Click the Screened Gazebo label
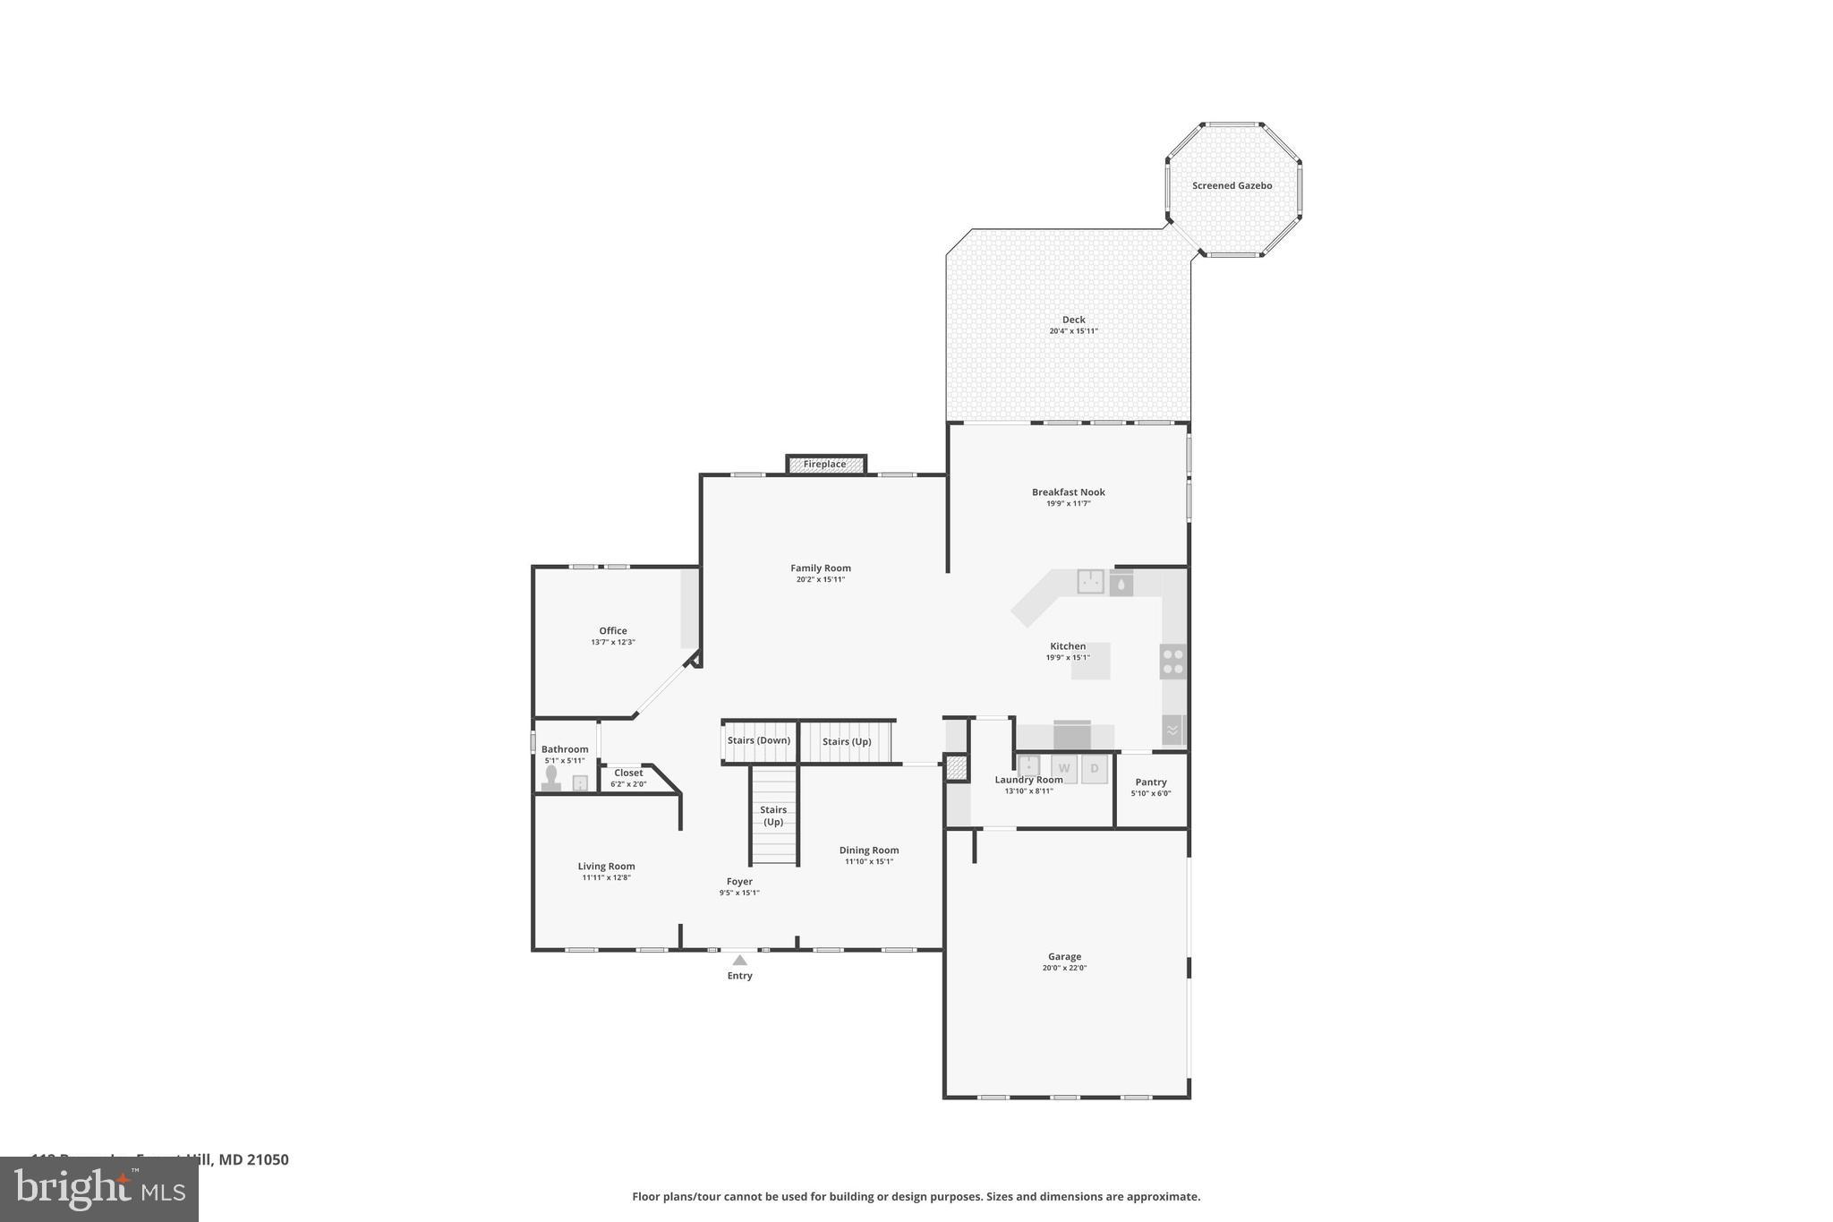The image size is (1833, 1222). coord(1232,186)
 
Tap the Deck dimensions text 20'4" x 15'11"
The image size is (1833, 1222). coord(1073,331)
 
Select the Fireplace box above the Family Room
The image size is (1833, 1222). coord(825,465)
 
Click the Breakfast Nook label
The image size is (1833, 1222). coord(1068,492)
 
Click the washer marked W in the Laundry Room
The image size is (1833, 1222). coord(1064,768)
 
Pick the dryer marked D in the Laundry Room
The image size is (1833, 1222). coord(1094,768)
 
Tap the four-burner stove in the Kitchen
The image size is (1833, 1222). coord(1172,662)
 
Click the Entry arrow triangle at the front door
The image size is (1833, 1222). coord(739,961)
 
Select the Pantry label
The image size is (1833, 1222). coord(1150,782)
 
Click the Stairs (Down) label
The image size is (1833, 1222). coord(758,740)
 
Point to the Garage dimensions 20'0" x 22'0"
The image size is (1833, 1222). coord(1064,968)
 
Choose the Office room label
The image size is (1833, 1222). coord(613,631)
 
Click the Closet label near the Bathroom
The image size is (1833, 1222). coord(628,773)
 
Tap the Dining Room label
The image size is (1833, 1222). coord(868,850)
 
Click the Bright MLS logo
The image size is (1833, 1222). coord(99,1189)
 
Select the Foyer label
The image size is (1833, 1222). coord(739,882)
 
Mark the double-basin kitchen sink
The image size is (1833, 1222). coord(1089,581)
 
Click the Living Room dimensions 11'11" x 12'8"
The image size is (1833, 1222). coord(606,877)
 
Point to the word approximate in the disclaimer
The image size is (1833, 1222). coord(1163,1197)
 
